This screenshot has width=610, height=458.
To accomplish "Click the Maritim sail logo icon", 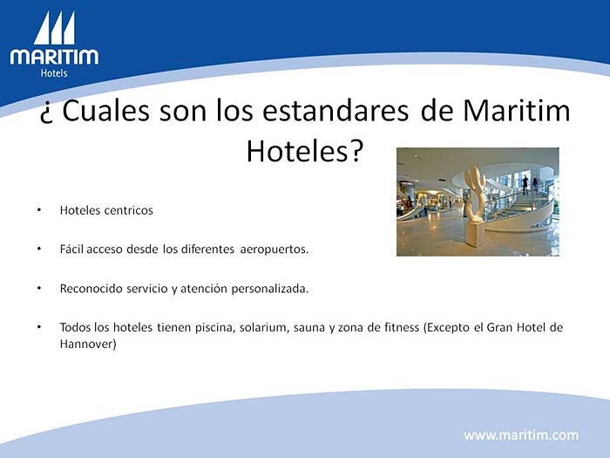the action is coord(54,28).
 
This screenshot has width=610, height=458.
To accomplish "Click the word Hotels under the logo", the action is coord(54,73).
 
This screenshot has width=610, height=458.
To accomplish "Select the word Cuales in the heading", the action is coord(105,111).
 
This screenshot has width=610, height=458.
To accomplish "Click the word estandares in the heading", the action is coord(335,111).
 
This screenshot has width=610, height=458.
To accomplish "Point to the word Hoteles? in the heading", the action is coord(305,151).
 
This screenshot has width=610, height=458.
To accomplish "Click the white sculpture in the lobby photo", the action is coord(475,205).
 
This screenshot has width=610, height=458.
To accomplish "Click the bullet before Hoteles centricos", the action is coord(39,210).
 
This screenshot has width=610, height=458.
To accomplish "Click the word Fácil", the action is coord(71,249).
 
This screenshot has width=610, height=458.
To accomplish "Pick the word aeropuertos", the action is coord(274,250).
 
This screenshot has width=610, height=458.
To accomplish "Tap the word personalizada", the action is coord(270,289).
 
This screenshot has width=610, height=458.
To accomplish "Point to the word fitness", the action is coord(402,327).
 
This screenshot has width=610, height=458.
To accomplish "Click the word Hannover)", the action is coord(88,344).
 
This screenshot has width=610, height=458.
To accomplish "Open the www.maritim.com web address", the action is coord(521,434).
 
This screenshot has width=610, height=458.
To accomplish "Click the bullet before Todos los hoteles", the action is coord(39,327).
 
